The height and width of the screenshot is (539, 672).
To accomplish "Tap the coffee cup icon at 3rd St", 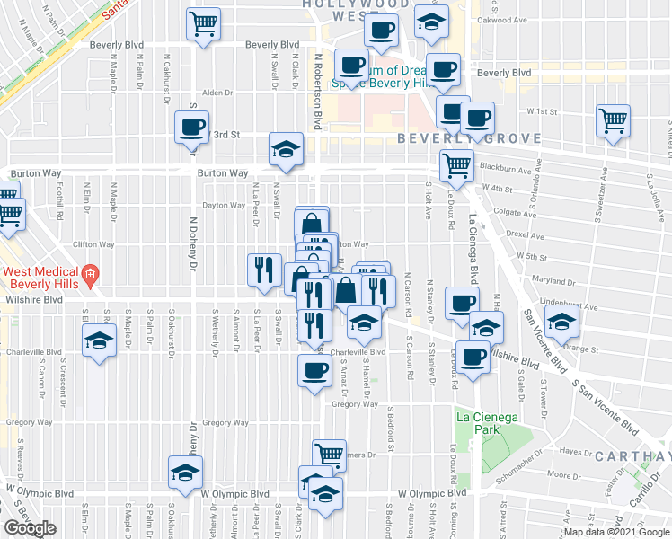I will [x=191, y=127].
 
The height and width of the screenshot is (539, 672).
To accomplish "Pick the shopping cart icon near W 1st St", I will [x=613, y=120].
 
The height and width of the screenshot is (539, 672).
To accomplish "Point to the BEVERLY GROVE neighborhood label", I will [x=470, y=138].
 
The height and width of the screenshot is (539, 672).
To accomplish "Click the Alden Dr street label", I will [x=217, y=93].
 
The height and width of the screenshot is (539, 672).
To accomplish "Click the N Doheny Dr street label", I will [x=192, y=244].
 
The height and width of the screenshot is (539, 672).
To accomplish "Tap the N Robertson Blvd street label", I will [x=317, y=90].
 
